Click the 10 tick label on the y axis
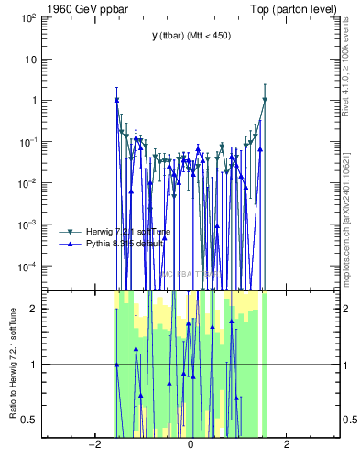[31, 59]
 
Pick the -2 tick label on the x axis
[93, 445]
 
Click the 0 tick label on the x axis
[190, 445]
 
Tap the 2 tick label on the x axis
[287, 445]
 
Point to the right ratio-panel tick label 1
[347, 365]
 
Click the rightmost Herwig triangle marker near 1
[265, 100]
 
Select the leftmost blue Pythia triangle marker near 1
[116, 100]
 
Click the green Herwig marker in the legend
[69, 231]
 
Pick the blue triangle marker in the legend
[69, 244]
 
